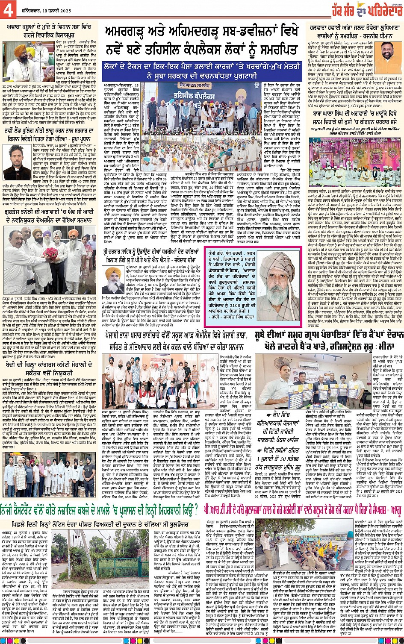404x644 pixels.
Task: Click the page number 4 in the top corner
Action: [x=8, y=11]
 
